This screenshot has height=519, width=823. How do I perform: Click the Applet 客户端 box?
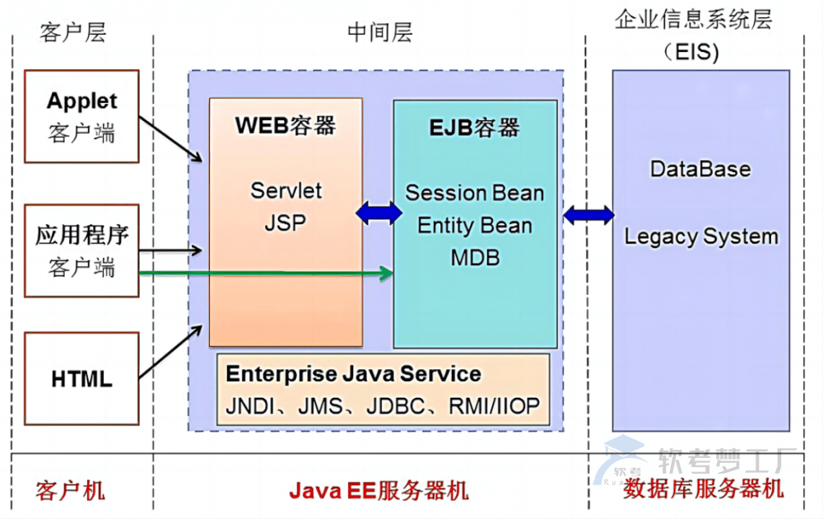pos(81,115)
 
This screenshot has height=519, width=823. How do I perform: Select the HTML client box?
pos(81,380)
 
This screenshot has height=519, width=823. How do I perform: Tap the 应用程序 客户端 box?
pos(81,250)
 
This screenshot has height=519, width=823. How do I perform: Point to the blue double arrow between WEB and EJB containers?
pos(379,213)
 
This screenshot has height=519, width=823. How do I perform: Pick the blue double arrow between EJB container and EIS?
pos(588,216)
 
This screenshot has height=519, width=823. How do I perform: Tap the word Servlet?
pos(286,190)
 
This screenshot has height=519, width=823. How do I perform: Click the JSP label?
pos(285,222)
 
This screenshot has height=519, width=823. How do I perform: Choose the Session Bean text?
pos(475,194)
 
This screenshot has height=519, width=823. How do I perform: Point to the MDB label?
pos(475,258)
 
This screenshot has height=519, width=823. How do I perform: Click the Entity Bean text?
pos(475,226)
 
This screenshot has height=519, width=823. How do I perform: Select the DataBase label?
pos(700,170)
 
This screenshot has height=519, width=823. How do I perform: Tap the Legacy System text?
pos(701,236)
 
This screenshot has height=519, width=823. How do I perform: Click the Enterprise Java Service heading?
pos(354,374)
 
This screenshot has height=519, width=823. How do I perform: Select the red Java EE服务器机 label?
pos(379,491)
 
